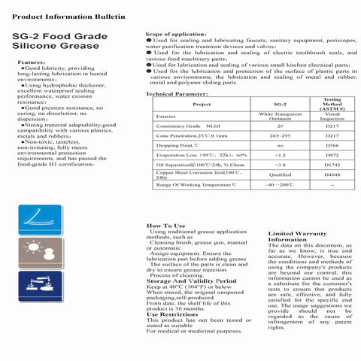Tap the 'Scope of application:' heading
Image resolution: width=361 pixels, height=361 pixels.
pyautogui.click(x=176, y=35)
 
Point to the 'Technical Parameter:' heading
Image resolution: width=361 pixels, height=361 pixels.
pyautogui.click(x=176, y=94)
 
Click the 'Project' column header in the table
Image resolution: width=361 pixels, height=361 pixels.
pyautogui.click(x=202, y=105)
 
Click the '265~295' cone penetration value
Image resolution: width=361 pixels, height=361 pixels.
pyautogui.click(x=280, y=135)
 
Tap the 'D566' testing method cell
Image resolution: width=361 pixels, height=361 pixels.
pyautogui.click(x=332, y=144)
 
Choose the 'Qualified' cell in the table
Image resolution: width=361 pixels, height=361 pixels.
pyautogui.click(x=280, y=174)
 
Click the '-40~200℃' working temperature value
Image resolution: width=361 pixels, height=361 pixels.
pyautogui.click(x=280, y=184)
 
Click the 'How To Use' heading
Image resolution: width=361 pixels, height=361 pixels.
pyautogui.click(x=165, y=226)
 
